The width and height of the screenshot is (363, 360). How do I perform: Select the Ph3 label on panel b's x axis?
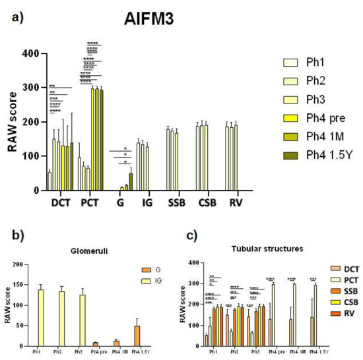[84, 352]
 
